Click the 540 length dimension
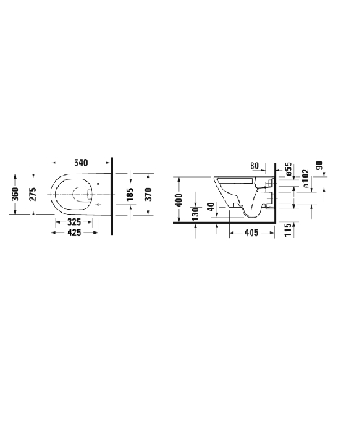[x=81, y=163]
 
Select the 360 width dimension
[x=15, y=194]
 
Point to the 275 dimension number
[x=33, y=194]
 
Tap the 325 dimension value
[x=75, y=222]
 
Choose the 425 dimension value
[x=75, y=233]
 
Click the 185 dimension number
[x=130, y=194]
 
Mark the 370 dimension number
[x=148, y=194]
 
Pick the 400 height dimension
[x=179, y=200]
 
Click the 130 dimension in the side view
[x=195, y=214]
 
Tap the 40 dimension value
[x=211, y=207]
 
